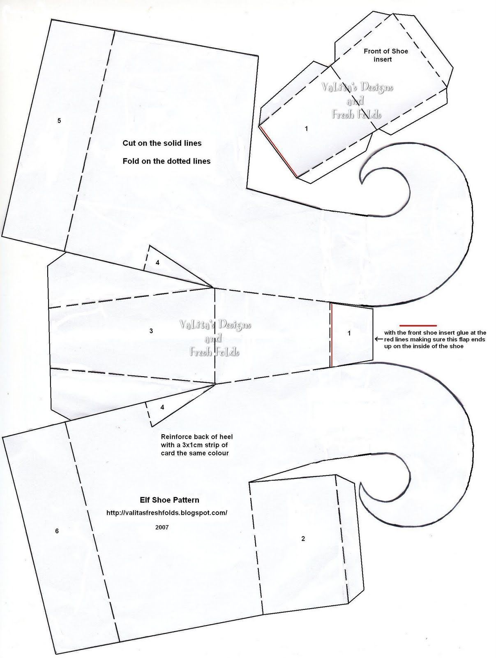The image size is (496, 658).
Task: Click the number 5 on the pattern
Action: (60, 120)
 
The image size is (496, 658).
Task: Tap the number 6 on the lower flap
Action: (57, 531)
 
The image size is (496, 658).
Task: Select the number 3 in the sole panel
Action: (151, 331)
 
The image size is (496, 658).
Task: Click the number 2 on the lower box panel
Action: (303, 538)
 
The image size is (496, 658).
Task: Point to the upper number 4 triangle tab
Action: (158, 262)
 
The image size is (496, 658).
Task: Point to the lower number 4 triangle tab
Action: (162, 407)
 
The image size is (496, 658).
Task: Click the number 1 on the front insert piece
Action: (306, 129)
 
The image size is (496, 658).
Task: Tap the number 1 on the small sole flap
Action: (349, 333)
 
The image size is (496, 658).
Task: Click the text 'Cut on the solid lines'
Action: (162, 143)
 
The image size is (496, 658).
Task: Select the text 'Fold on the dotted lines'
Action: (166, 161)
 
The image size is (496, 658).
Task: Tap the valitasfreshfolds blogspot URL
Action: (167, 513)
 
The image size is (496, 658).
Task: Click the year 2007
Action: (162, 527)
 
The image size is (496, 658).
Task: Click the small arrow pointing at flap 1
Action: (378, 339)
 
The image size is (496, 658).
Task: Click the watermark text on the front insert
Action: (356, 100)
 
